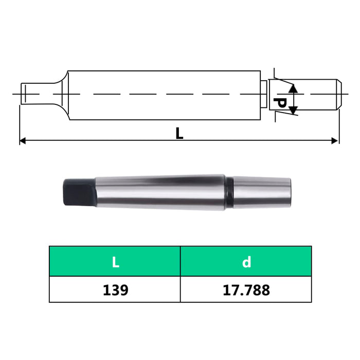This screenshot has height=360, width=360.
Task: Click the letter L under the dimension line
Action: (179, 133)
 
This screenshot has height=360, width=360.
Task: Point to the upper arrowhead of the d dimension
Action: (293, 88)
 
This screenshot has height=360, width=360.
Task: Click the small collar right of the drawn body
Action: (263, 94)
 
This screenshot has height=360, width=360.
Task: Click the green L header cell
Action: (115, 262)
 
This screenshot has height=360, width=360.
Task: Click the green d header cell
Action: (246, 262)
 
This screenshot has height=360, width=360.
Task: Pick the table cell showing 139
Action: (115, 290)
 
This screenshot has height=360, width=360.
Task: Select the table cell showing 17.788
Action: (246, 290)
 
